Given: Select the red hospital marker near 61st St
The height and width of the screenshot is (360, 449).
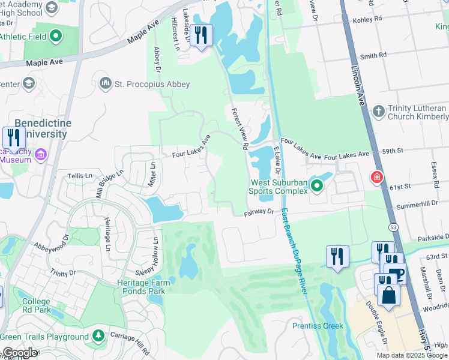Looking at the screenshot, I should pos(377,178).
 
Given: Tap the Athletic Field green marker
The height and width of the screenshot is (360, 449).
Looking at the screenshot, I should pos(57,37).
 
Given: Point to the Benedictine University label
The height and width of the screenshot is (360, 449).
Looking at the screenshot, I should pos(42,128).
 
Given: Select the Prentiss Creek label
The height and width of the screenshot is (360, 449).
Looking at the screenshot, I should pos(318,326).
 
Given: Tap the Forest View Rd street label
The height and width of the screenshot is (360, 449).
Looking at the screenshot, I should pos(240,128).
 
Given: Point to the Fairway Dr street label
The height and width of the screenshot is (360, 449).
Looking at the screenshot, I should pos(259,212).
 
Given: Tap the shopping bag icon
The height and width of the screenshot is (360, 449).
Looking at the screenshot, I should pos(388,295).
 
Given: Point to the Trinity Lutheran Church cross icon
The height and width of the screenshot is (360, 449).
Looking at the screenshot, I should pos(378,112).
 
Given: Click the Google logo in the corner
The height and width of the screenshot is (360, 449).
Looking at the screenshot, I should pos(20,353).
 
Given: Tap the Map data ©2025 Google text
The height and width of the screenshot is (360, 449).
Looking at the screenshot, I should pos(411,355).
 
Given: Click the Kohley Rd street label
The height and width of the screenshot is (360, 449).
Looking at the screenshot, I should pos(370,19).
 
